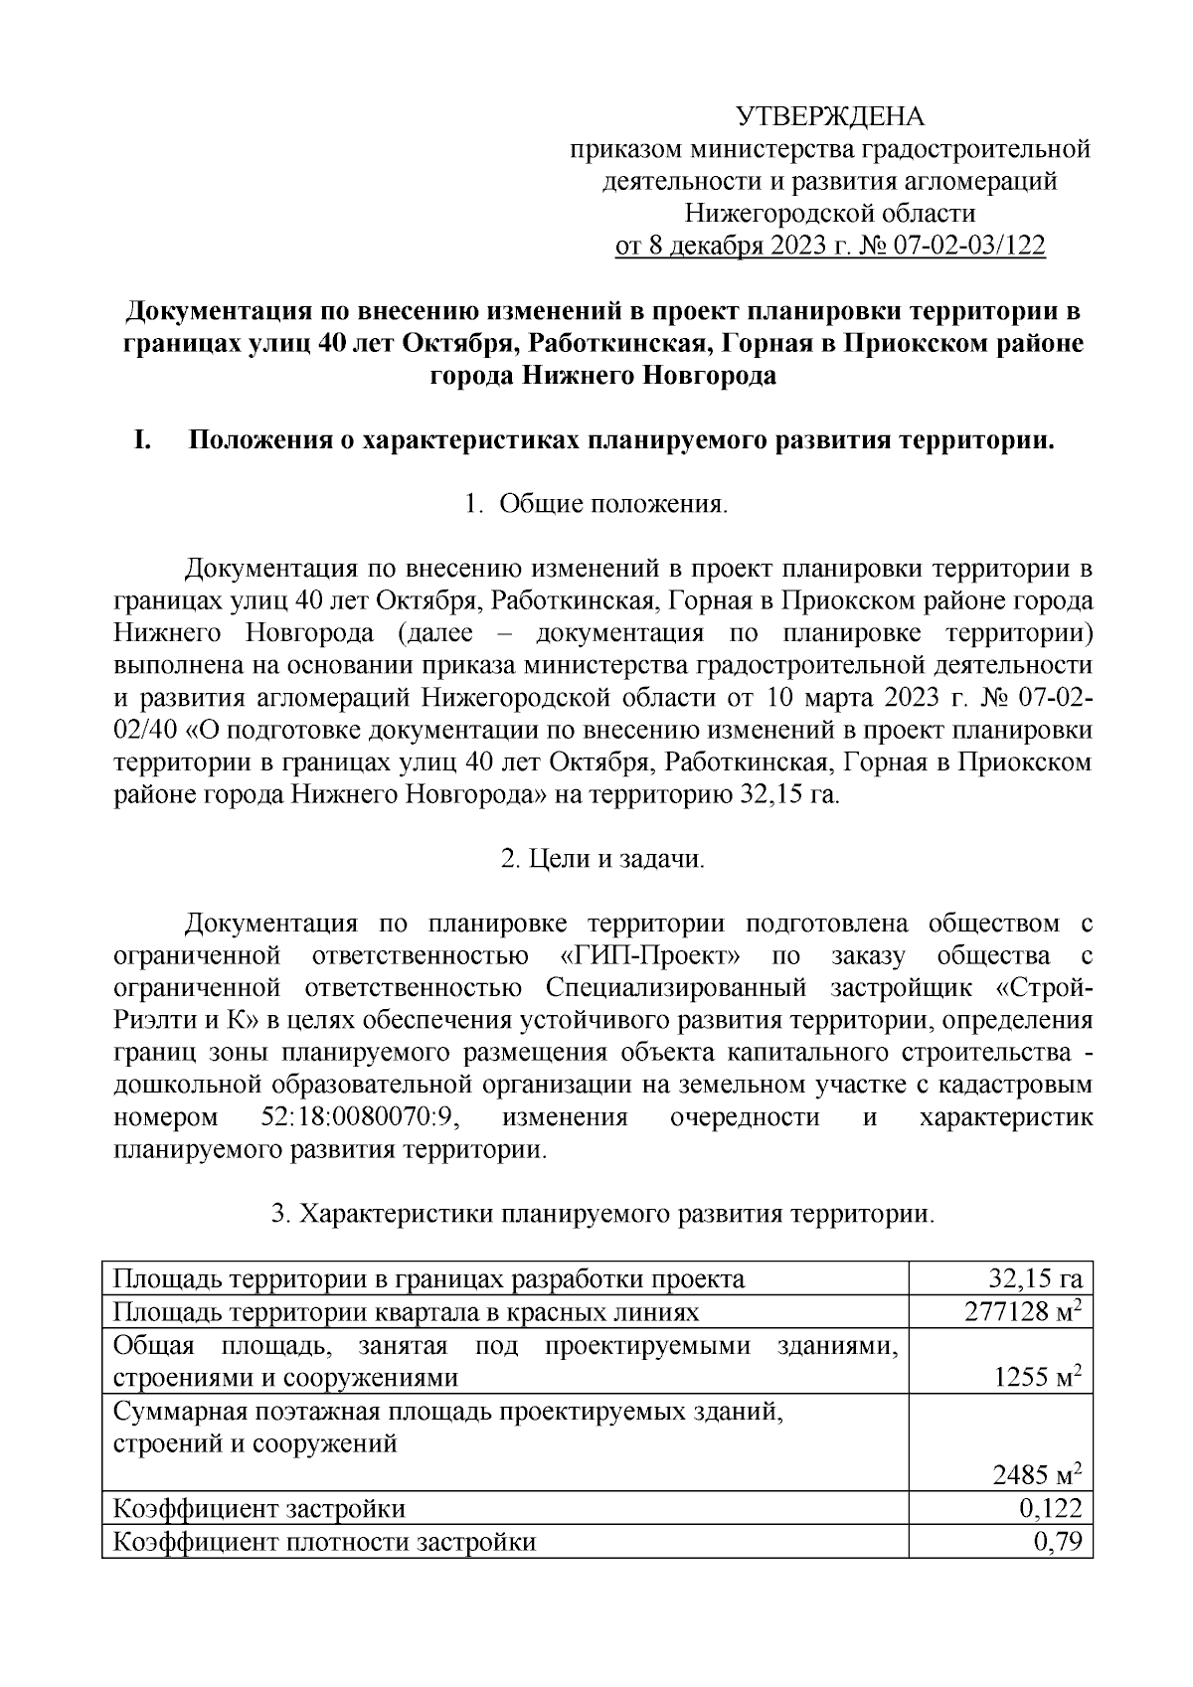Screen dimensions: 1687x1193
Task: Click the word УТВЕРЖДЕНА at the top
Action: click(830, 117)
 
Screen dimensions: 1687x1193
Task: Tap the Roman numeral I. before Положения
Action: click(142, 440)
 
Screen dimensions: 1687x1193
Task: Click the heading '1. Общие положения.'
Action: click(596, 505)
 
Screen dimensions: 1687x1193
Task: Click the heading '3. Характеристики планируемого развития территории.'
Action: click(602, 1214)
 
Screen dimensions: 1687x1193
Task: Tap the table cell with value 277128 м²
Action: click(1022, 1312)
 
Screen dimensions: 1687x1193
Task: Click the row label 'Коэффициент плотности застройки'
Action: click(324, 1542)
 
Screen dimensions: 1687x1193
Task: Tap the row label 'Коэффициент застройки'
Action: click(259, 1509)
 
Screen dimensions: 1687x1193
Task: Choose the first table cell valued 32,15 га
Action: click(1034, 1279)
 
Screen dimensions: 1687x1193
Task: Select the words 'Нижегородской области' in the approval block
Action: click(830, 214)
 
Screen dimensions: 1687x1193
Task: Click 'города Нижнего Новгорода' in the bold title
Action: click(602, 377)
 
